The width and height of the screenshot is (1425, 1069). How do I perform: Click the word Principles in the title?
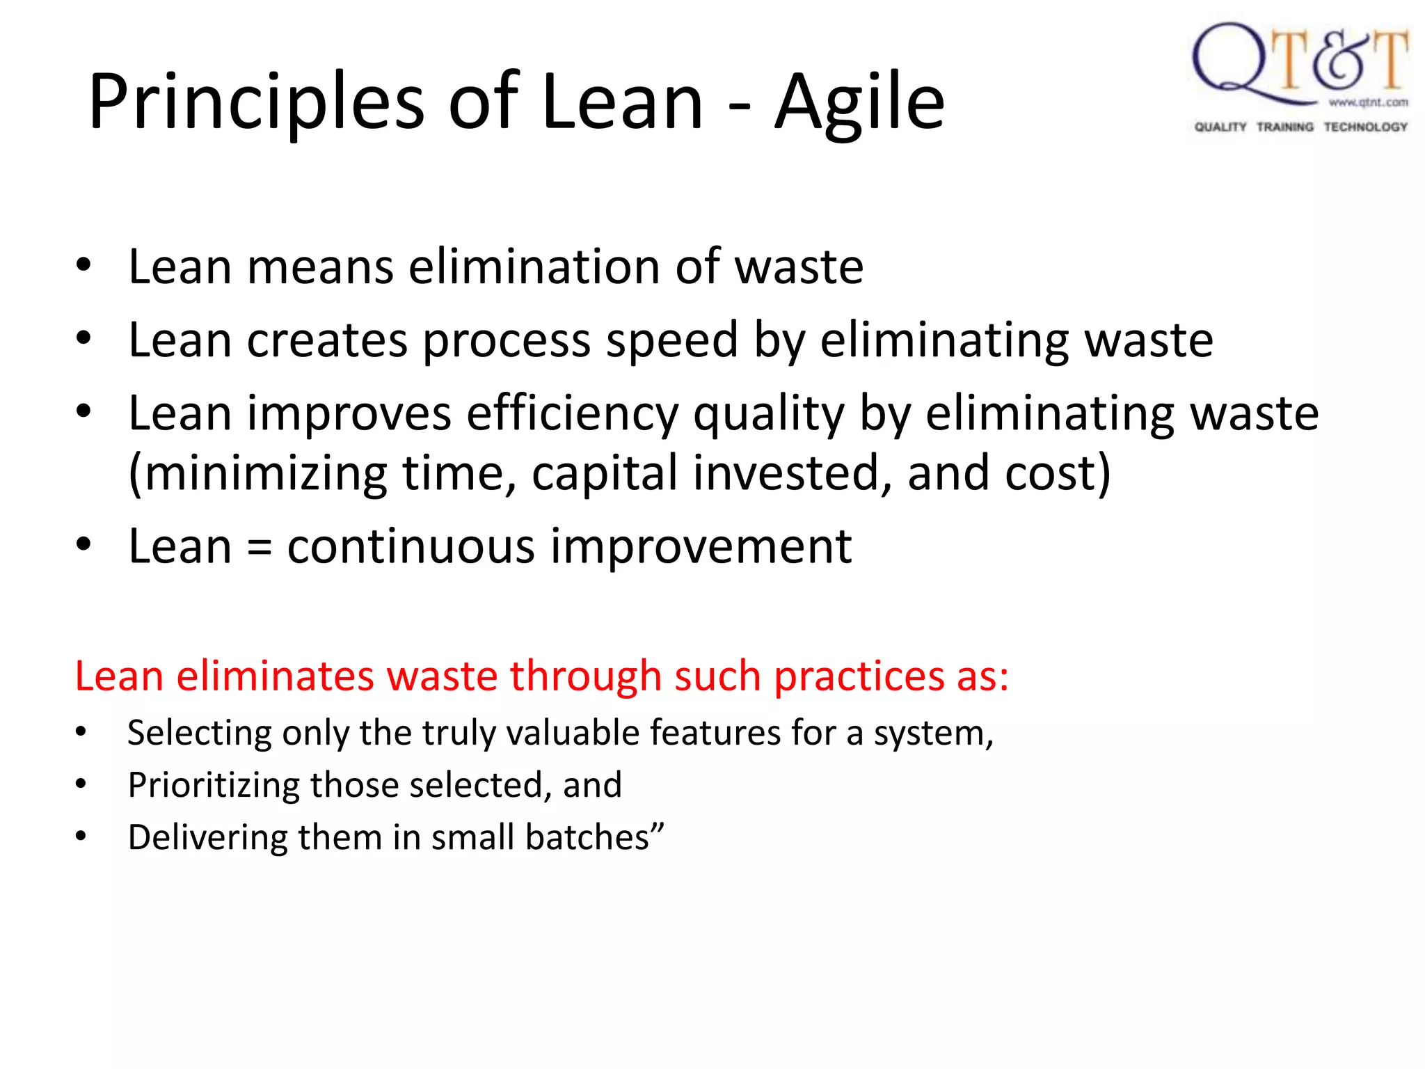click(256, 103)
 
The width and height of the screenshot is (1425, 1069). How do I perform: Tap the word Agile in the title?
click(859, 103)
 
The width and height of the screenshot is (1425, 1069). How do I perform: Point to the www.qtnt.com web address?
click(1368, 102)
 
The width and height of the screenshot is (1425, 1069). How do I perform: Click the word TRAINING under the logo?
click(1284, 127)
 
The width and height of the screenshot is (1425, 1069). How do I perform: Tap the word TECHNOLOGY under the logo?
click(1365, 127)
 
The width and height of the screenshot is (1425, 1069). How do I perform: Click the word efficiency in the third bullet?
click(572, 414)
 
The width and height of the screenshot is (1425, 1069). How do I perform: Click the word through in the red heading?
click(585, 676)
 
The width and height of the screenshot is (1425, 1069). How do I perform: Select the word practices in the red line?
click(858, 676)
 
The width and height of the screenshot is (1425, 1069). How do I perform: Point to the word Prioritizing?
click(212, 786)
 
